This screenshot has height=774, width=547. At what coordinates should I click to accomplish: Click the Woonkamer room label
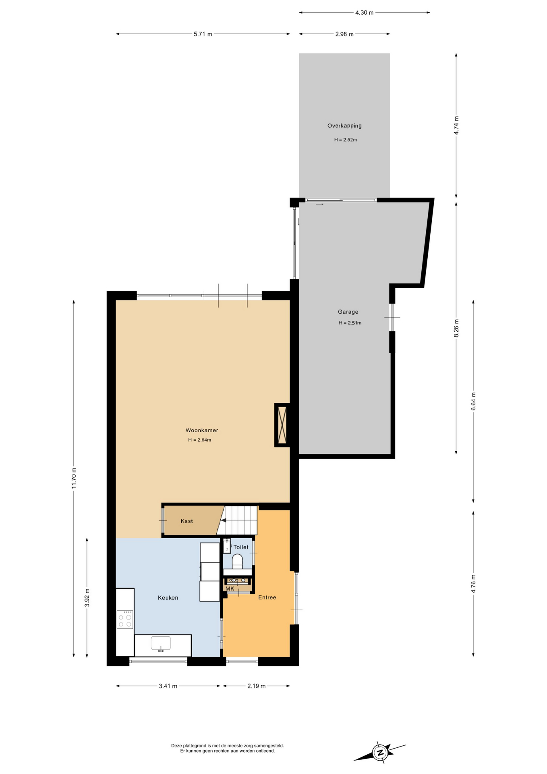(202, 430)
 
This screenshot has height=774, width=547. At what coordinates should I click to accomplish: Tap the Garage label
(348, 312)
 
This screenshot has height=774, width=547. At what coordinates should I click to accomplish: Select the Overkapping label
(344, 126)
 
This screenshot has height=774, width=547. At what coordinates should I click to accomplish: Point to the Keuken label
(168, 598)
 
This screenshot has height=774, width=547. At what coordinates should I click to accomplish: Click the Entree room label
(267, 597)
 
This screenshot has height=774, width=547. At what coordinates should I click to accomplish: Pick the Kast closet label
(187, 521)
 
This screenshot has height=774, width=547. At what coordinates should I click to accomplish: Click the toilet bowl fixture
(237, 561)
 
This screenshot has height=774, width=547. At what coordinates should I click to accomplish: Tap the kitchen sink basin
(161, 643)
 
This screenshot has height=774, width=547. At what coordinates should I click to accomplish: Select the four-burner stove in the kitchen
(125, 620)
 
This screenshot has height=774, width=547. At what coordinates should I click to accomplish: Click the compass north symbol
(379, 752)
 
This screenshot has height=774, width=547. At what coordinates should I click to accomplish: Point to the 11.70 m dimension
(74, 478)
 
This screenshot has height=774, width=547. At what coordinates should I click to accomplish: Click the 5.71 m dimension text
(203, 34)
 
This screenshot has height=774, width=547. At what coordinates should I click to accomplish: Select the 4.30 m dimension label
(364, 12)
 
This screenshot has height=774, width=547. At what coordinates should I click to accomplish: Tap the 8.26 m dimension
(456, 328)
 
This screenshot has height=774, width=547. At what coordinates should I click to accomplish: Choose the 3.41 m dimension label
(168, 686)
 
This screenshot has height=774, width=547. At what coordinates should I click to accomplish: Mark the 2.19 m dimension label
(256, 686)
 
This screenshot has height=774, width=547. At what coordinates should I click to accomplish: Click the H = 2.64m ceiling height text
(199, 440)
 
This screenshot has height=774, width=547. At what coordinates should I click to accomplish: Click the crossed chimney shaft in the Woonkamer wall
(282, 425)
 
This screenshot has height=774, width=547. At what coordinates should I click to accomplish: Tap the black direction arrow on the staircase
(223, 520)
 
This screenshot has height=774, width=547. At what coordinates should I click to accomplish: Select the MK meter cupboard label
(230, 589)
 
